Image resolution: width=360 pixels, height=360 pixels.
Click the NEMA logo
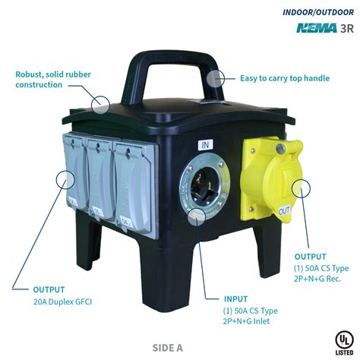coord(317,28)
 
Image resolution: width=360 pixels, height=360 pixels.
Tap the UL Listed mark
coord(344,343)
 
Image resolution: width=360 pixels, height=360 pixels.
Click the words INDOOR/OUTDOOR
coord(318,12)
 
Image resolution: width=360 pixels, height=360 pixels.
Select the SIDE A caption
coord(167,348)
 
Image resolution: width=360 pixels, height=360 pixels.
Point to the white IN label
coord(205,145)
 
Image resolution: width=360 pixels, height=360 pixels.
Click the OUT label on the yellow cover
coord(285,210)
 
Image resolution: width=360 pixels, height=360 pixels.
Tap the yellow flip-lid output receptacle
coord(271,179)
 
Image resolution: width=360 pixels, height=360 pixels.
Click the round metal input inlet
coord(204,186)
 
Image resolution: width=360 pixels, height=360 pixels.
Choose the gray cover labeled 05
coord(100,180)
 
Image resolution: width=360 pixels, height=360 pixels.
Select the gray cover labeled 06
coord(76,172)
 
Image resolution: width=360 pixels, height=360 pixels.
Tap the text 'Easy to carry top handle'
coord(285,78)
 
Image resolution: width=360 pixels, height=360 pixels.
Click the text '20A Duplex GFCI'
coord(62,302)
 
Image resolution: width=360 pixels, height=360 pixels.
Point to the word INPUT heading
coord(235,299)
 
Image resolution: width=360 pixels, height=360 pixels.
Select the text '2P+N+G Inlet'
coord(246,321)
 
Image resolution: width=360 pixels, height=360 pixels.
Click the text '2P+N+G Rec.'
coord(317,279)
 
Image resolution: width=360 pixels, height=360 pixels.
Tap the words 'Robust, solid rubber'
coord(53,74)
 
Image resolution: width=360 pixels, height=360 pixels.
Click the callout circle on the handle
coord(216,78)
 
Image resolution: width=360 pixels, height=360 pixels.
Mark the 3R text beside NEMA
coord(347,28)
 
